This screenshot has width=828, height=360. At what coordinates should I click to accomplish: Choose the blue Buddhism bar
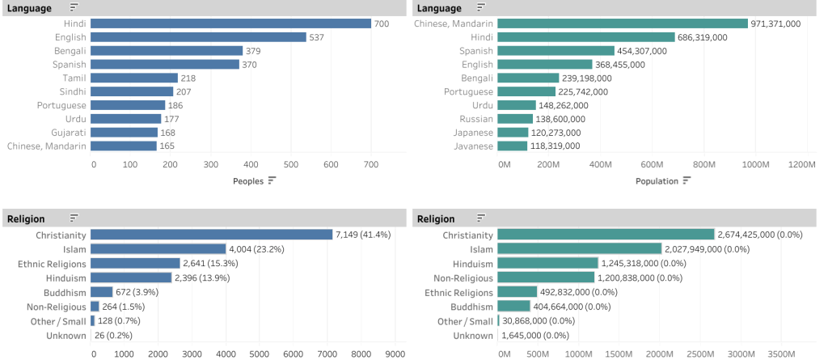pyautogui.click(x=101, y=292)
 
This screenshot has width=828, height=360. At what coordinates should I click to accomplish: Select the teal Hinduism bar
pyautogui.click(x=547, y=263)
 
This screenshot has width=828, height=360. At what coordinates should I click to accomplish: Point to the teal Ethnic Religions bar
pyautogui.click(x=517, y=292)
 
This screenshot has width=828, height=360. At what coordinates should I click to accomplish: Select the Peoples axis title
pyautogui.click(x=248, y=181)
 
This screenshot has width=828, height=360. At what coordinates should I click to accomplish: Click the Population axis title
pyautogui.click(x=657, y=181)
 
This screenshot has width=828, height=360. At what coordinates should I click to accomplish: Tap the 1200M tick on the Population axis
pyautogui.click(x=802, y=164)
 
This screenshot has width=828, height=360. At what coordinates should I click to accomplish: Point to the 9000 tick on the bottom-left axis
pyautogui.click(x=394, y=354)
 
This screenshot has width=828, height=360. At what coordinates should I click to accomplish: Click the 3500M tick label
pyautogui.click(x=780, y=354)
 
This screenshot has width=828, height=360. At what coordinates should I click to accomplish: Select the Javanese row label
pyautogui.click(x=473, y=146)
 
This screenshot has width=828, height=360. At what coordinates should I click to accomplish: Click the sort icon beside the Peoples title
pyautogui.click(x=272, y=181)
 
